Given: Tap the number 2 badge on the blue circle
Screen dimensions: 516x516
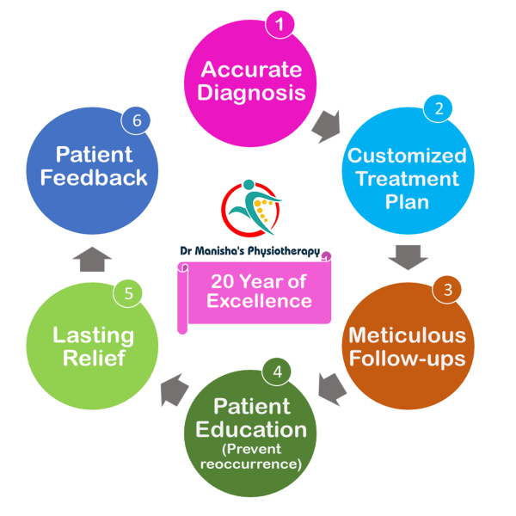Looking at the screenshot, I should [x=439, y=108].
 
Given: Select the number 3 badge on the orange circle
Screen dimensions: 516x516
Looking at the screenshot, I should [x=447, y=290].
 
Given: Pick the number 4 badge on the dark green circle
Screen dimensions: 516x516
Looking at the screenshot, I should [x=277, y=372].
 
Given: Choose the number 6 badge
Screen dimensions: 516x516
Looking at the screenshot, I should [x=136, y=120].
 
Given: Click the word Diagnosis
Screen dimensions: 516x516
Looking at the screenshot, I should [x=251, y=91].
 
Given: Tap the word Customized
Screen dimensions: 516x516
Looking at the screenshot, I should [x=407, y=156].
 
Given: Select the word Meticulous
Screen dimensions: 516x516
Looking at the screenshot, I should [x=407, y=335].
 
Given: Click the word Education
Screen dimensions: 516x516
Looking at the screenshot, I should [x=250, y=428].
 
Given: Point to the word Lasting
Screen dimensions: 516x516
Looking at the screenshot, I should [x=92, y=335].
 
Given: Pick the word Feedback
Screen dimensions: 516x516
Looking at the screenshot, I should [x=94, y=178].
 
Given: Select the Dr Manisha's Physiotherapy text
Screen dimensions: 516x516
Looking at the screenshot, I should [x=249, y=252].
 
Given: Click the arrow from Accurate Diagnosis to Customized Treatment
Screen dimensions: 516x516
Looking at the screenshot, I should [x=325, y=126].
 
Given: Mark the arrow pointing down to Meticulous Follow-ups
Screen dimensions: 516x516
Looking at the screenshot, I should [x=408, y=256].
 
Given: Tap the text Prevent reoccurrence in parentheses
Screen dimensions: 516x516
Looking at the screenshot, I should [x=250, y=457].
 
